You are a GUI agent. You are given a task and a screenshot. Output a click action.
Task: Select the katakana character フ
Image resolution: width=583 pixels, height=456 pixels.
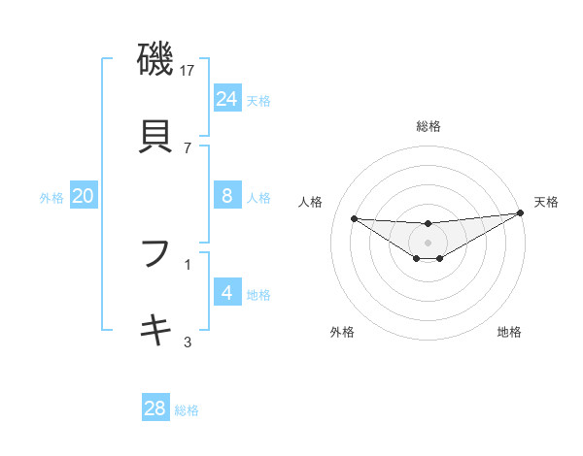click(156, 253)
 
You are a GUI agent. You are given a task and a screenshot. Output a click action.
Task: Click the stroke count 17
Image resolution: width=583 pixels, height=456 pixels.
click(189, 71)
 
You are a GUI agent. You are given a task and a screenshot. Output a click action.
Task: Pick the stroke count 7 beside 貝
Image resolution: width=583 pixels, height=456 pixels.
click(188, 147)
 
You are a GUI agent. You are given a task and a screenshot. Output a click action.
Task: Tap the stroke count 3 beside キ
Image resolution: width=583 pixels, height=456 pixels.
click(188, 341)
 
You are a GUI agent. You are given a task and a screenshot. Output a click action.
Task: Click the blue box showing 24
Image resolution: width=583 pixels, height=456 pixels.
click(226, 99)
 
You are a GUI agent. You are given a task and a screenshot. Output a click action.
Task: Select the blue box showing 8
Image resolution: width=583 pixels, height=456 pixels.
click(226, 196)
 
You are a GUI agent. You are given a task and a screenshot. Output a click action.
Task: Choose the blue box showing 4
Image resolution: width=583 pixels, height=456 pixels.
click(226, 293)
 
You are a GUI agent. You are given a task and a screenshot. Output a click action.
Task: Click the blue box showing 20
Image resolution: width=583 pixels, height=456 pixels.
click(83, 196)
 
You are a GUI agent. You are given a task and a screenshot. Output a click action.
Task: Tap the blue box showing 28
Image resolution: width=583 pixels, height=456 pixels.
click(154, 408)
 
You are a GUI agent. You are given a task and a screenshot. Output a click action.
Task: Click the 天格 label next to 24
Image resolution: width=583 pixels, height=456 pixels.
click(258, 101)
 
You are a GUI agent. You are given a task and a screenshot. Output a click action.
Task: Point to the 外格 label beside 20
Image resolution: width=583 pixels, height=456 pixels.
click(51, 198)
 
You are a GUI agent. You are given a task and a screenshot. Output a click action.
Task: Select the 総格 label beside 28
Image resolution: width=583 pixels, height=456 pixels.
click(187, 410)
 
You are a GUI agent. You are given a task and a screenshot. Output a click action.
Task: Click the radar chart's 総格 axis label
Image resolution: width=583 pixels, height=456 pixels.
click(429, 126)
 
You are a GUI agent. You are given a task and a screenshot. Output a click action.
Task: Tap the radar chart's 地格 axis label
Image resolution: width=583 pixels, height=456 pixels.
click(509, 332)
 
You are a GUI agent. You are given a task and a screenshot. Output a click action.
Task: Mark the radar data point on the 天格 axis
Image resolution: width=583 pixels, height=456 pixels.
click(521, 213)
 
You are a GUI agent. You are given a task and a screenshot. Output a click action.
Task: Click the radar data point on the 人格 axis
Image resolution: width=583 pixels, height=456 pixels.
click(354, 218)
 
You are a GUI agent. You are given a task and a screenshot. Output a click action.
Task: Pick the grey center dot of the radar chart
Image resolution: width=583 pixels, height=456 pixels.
click(429, 243)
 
